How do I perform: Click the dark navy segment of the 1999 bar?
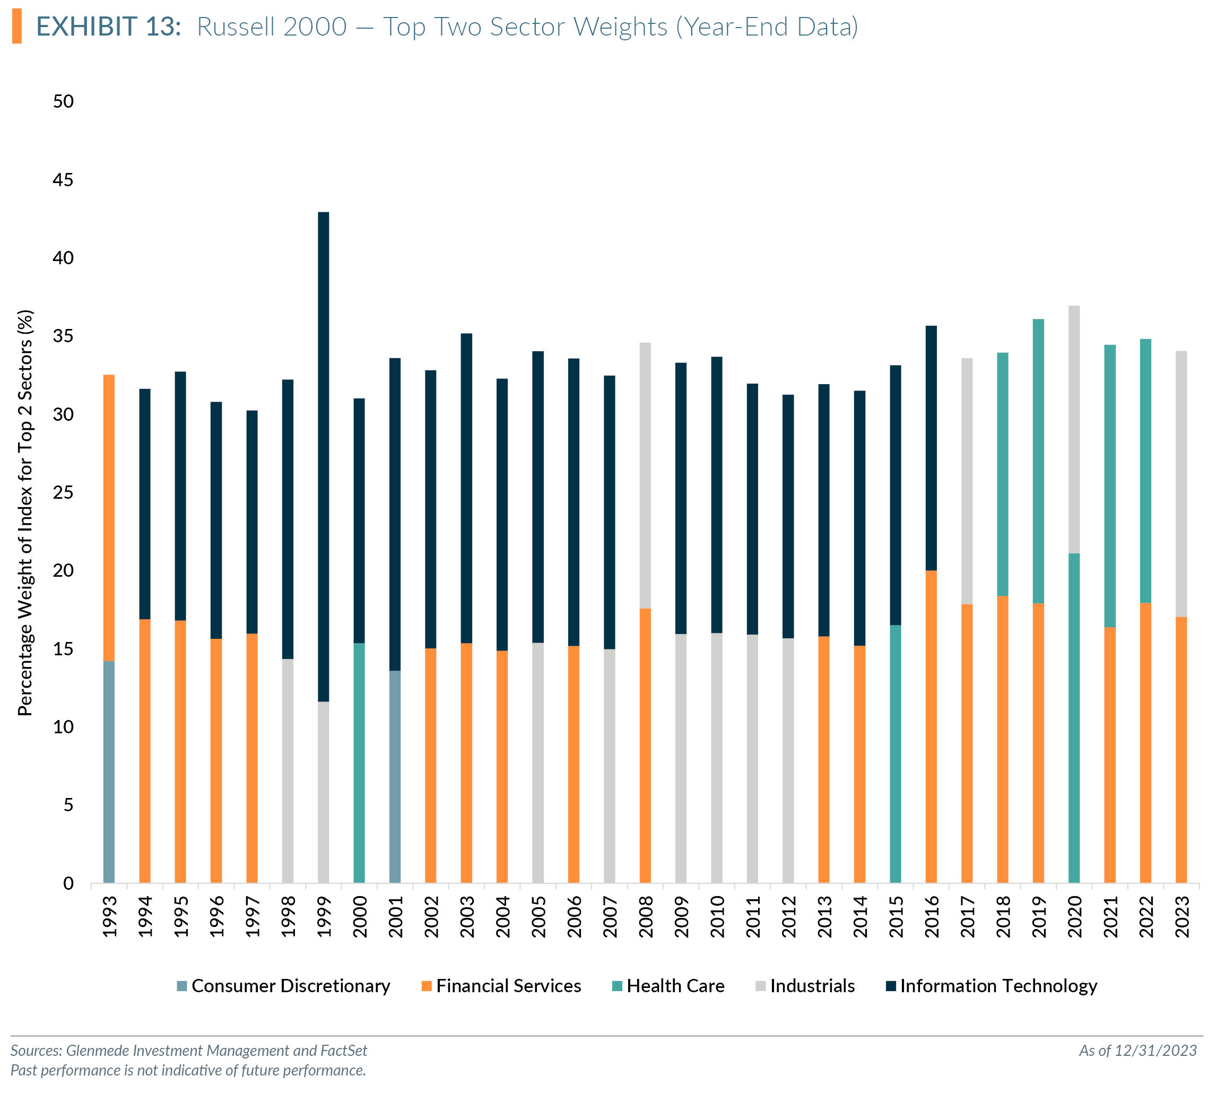pos(323,456)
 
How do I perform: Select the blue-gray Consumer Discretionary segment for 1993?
pos(109,771)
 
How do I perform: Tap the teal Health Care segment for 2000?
pos(359,762)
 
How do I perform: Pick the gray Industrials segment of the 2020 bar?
pos(1074,429)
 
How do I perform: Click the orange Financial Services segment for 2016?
pos(931,727)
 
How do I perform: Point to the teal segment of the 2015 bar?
pos(895,753)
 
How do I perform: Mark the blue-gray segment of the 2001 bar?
pos(395,777)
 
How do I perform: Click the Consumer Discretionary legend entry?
pos(283,986)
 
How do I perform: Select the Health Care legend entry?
pos(668,986)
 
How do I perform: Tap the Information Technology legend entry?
pos(991,986)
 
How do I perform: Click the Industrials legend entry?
pos(805,986)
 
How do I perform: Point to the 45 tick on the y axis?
pos(63,179)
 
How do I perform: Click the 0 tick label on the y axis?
pos(68,883)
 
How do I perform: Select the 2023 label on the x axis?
pos(1181,916)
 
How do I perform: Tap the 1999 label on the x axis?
pos(324,916)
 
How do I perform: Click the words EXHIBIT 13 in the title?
pos(109,27)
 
